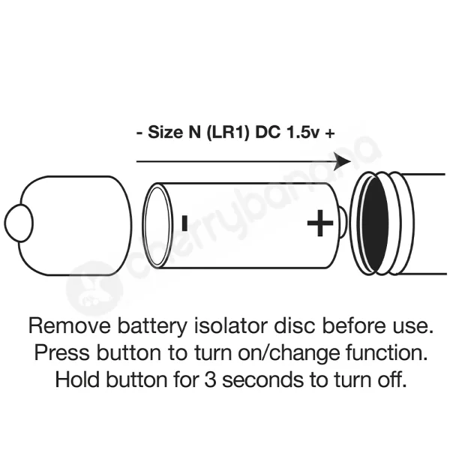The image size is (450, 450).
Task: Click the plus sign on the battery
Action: click(320, 223)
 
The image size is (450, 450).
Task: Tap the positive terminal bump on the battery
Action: click(341, 223)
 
